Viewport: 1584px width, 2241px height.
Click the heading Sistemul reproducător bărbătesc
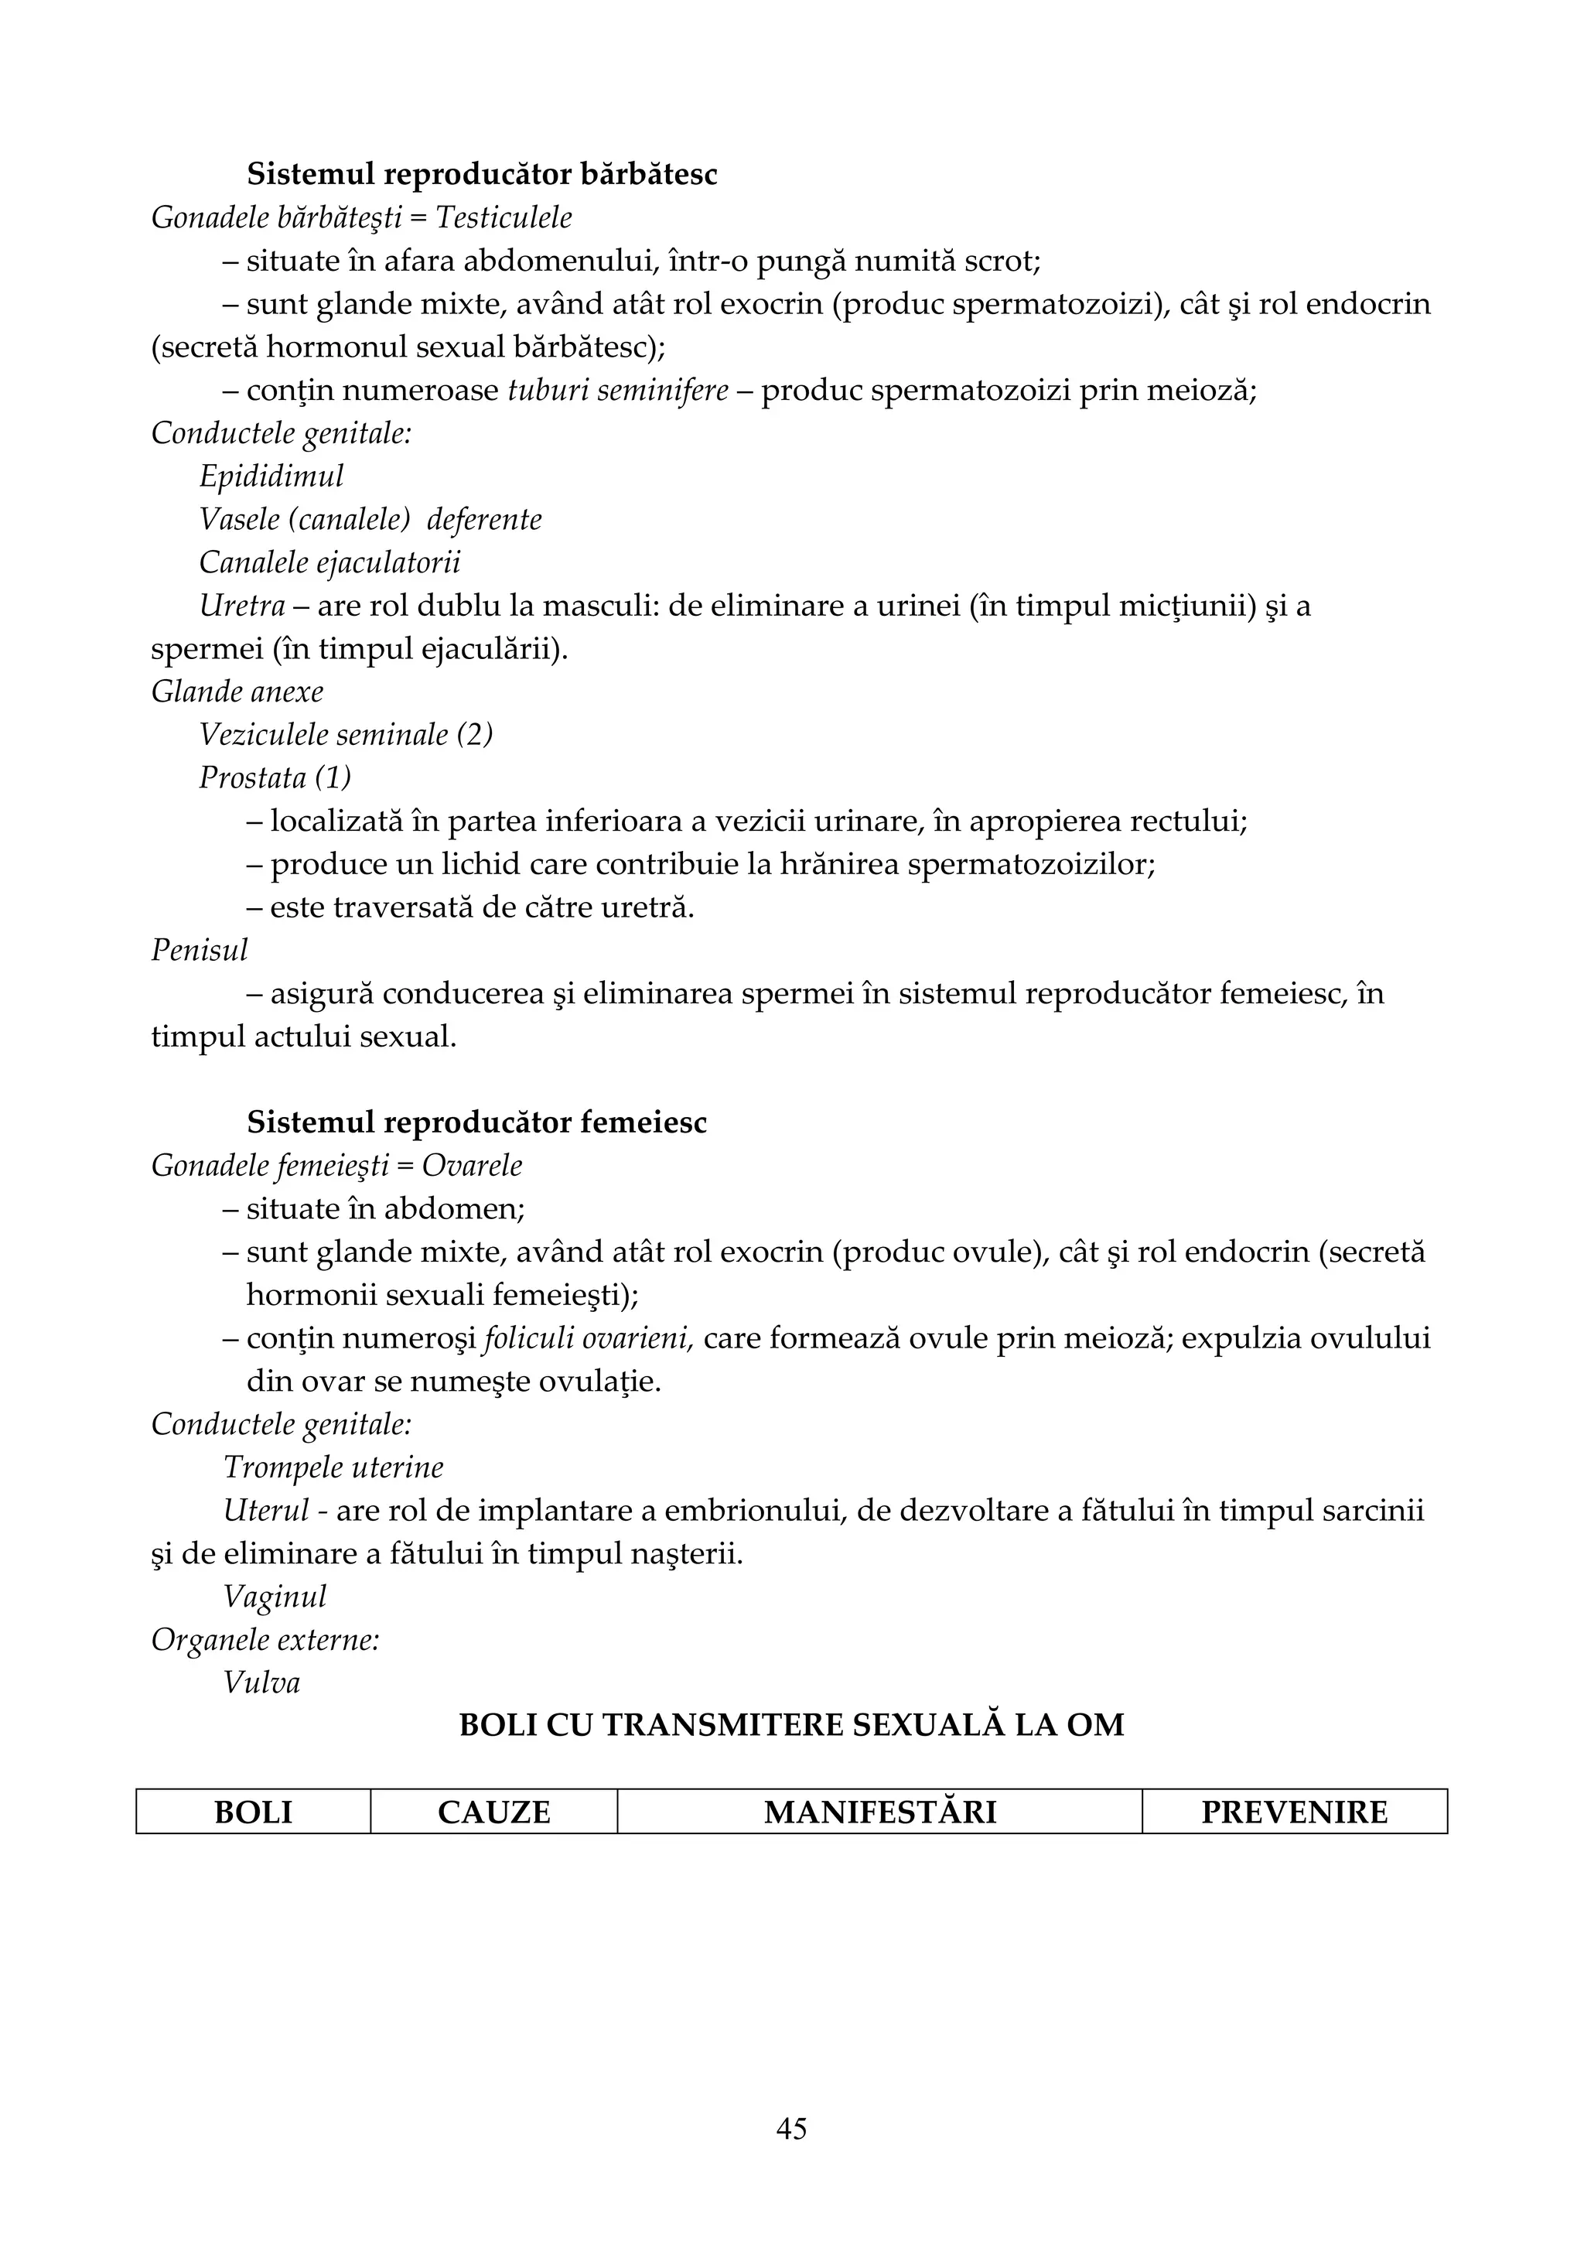click(481, 175)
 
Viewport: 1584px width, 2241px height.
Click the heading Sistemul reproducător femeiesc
click(476, 1123)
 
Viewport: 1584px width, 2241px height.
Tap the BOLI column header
click(253, 1812)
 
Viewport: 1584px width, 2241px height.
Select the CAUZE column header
click(494, 1812)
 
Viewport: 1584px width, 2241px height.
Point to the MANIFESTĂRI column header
click(879, 1812)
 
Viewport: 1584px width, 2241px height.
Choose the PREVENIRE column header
click(1294, 1812)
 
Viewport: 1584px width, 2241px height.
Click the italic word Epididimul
click(271, 477)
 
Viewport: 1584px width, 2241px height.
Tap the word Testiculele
click(504, 217)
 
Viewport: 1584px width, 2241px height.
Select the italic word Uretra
click(242, 606)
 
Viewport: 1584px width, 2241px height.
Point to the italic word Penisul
click(199, 951)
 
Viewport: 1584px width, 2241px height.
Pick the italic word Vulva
click(261, 1682)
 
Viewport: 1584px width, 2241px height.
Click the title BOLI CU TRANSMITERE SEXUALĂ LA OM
click(791, 1726)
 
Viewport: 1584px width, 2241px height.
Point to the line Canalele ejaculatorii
click(330, 563)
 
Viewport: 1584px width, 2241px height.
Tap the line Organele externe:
click(265, 1640)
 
